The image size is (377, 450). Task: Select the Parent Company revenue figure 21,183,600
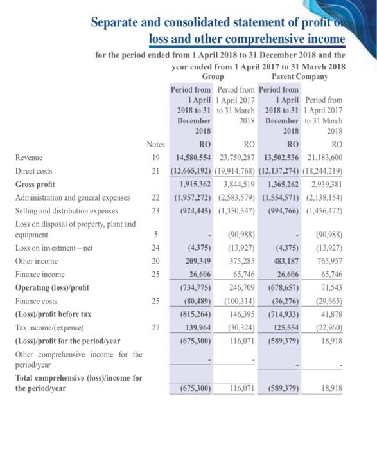tap(323, 156)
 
